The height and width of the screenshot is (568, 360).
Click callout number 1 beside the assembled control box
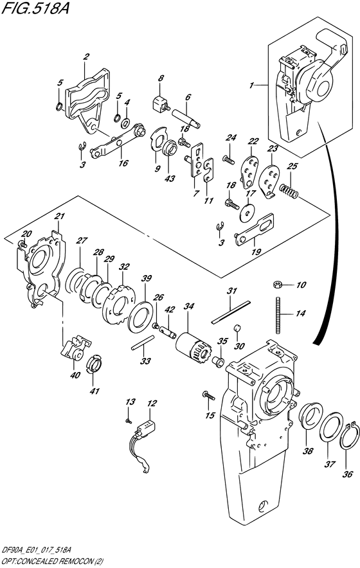[x=252, y=84]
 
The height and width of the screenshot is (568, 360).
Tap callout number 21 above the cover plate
[x=60, y=217]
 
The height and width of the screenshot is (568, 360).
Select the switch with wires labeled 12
[x=148, y=429]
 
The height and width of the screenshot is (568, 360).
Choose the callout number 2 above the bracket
[x=85, y=57]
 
